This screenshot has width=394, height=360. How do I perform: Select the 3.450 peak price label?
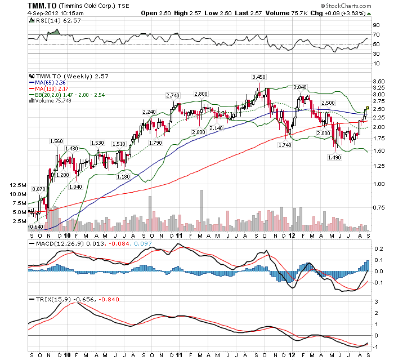click(258, 77)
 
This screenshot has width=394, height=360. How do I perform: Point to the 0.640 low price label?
click(37, 226)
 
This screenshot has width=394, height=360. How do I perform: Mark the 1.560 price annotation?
click(57, 141)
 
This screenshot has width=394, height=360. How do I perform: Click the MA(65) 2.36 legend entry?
click(46, 82)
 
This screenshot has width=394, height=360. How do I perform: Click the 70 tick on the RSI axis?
click(376, 35)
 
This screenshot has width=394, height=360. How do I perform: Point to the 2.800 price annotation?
click(200, 94)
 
